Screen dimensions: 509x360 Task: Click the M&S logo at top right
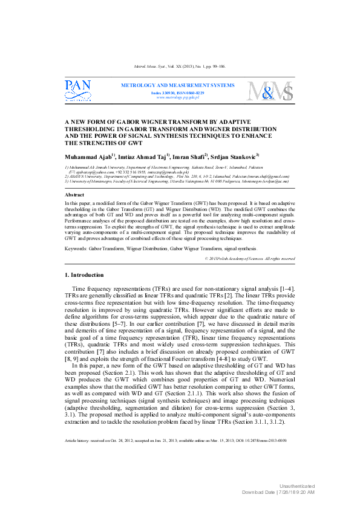click(271, 92)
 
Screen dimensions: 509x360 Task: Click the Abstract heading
click(74, 195)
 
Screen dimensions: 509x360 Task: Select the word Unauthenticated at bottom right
click(297, 486)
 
